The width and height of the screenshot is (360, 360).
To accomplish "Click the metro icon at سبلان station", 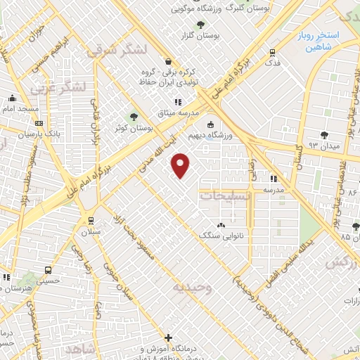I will click(90, 220).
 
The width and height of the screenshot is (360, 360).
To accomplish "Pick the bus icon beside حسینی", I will click(47, 270).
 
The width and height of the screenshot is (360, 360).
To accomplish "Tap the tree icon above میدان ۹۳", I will click(323, 135).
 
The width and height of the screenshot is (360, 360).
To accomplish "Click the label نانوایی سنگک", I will click(221, 236).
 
